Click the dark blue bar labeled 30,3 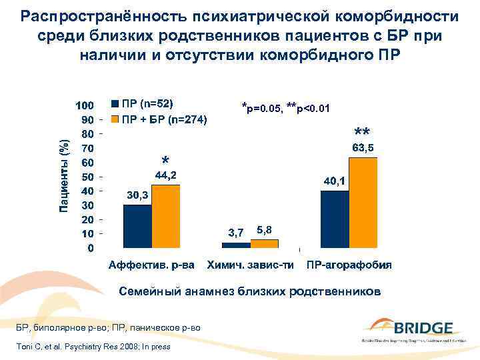[137, 226]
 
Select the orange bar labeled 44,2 [165, 216]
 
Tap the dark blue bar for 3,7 [235, 245]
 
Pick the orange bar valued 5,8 [263, 243]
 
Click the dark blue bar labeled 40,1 [334, 219]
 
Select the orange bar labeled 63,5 [363, 203]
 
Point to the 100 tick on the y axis [83, 106]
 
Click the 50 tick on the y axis [86, 177]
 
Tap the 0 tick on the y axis [89, 248]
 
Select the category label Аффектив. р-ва [151, 265]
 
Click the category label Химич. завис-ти [250, 265]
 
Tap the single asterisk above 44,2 [165, 161]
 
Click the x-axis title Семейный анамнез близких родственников [250, 291]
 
